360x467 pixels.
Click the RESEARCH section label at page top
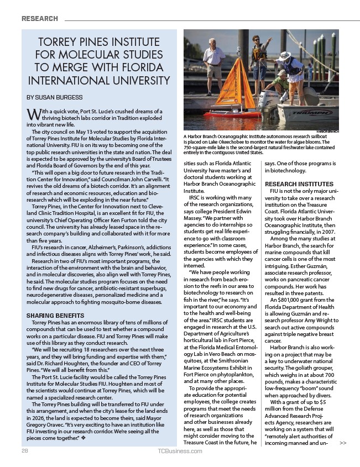tap(40, 19)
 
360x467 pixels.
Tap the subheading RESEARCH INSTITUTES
tap(299, 183)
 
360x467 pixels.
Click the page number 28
tap(25, 451)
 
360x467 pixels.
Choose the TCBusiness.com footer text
tap(180, 451)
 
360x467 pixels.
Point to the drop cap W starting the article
tap(32, 114)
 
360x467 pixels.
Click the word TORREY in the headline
tap(58, 43)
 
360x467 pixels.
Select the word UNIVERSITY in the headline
tap(137, 81)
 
